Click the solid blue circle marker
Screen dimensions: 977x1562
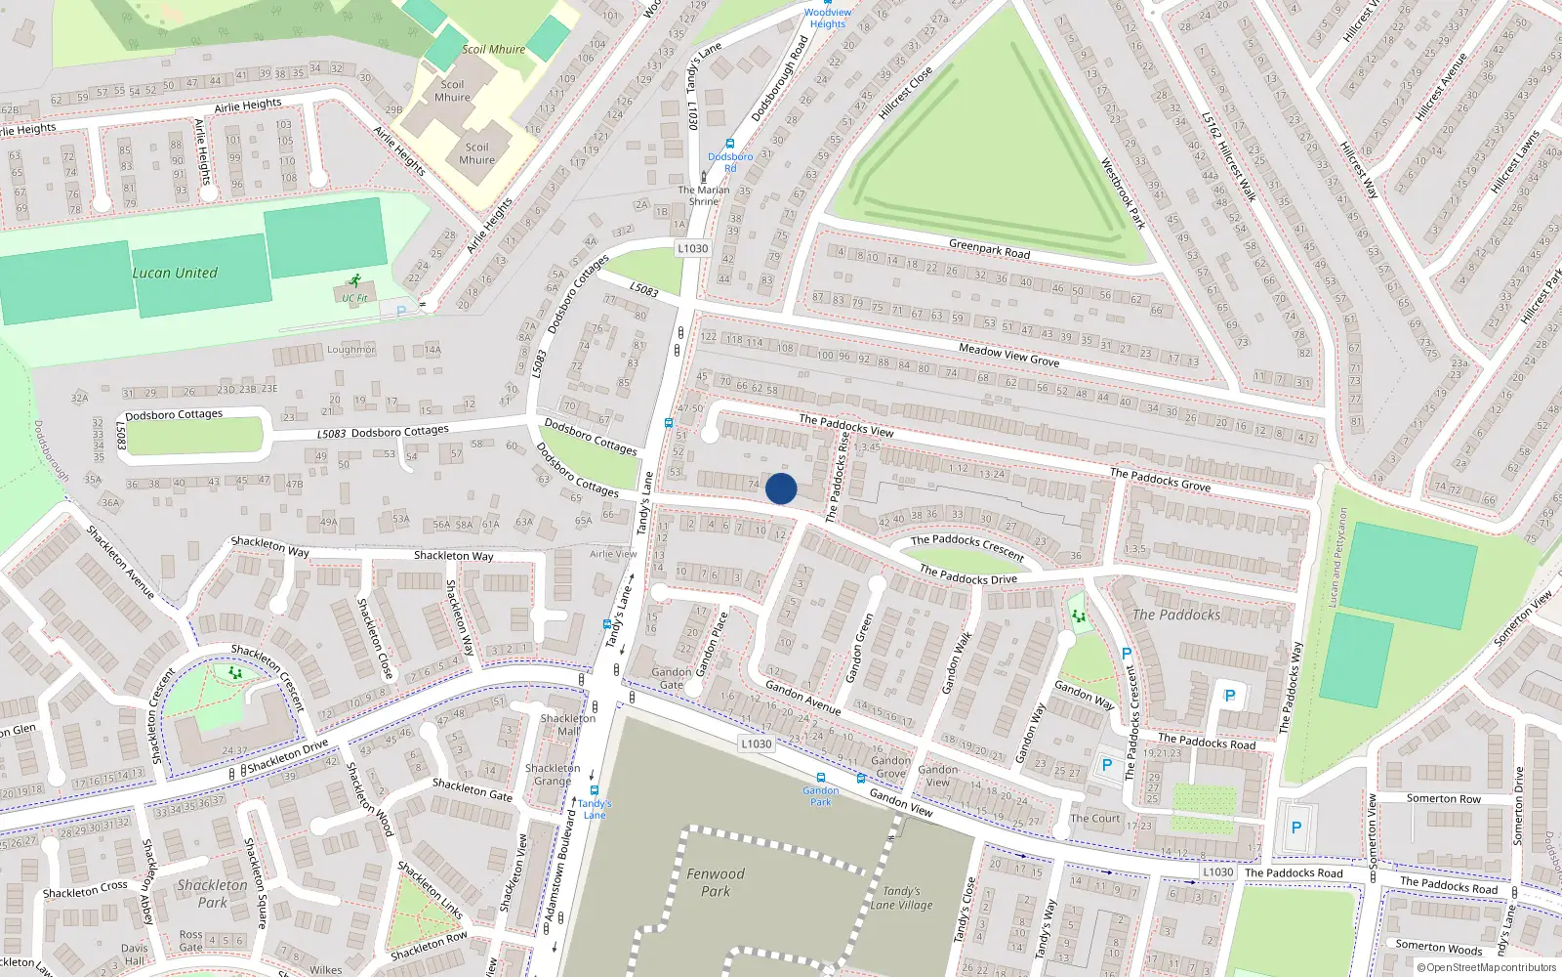click(781, 488)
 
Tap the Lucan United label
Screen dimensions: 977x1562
click(175, 274)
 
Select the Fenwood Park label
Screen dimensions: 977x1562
click(716, 882)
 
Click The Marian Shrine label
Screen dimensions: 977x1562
click(704, 195)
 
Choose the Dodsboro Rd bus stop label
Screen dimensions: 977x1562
click(730, 162)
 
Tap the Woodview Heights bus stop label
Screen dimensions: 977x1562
click(828, 19)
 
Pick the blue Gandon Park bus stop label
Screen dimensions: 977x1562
click(820, 796)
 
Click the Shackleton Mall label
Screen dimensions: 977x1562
click(567, 724)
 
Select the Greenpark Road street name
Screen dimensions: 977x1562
click(989, 249)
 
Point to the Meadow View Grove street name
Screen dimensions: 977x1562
click(1008, 355)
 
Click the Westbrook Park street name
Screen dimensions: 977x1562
click(1123, 193)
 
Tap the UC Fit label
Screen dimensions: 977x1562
click(354, 298)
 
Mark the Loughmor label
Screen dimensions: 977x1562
click(350, 350)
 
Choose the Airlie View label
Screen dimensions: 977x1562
click(613, 554)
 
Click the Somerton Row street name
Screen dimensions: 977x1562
click(1443, 798)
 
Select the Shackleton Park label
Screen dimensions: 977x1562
click(213, 893)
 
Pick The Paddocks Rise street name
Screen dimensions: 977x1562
click(838, 477)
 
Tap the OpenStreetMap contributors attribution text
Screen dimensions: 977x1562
click(1486, 967)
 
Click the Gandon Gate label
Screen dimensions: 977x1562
click(672, 678)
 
